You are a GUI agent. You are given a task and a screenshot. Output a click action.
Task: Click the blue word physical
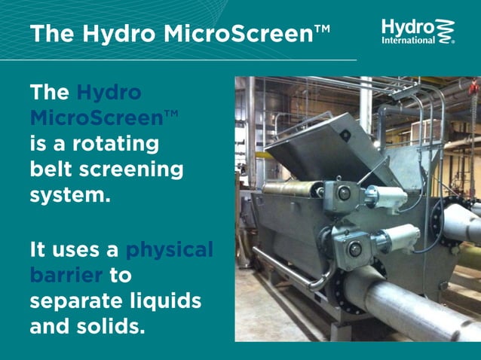point(169,249)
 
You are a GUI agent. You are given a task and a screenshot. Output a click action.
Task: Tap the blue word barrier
point(66,275)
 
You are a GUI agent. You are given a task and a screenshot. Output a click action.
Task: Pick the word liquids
point(167,301)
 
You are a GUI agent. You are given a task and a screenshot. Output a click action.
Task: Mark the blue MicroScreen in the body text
point(97,118)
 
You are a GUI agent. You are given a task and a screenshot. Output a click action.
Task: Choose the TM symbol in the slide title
point(321,29)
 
